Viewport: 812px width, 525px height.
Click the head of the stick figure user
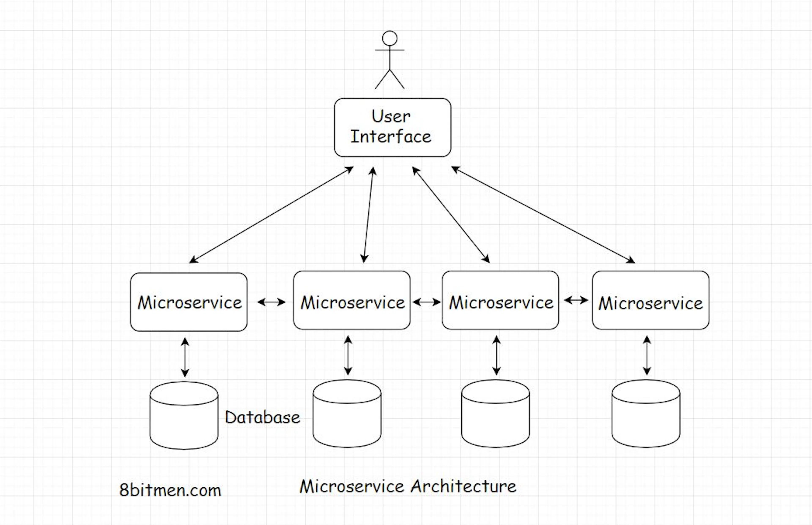click(x=390, y=38)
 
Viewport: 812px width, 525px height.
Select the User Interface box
click(x=392, y=128)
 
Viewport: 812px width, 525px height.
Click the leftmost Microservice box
click(x=189, y=302)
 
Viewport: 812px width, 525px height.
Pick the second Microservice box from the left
click(x=352, y=300)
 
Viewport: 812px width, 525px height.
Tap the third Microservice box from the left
click(x=500, y=300)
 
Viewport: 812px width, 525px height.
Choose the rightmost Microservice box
click(x=651, y=300)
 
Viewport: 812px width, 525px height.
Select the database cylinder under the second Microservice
click(x=347, y=413)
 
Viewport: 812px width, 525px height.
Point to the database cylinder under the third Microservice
click(x=495, y=413)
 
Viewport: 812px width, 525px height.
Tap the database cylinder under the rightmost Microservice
click(x=646, y=413)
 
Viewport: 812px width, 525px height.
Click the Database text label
click(x=262, y=417)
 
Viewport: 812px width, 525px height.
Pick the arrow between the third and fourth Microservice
click(x=576, y=300)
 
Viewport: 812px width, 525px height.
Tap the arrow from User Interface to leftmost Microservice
click(x=271, y=215)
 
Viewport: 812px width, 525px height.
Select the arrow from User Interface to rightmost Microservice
click(x=543, y=215)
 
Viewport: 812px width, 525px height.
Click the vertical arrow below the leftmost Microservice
click(x=185, y=357)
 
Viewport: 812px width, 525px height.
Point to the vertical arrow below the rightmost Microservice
click(x=647, y=356)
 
